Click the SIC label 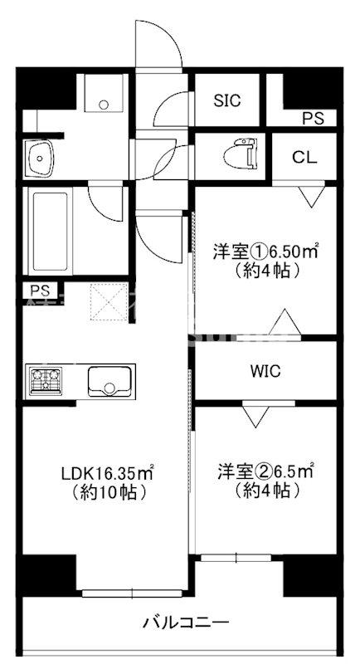click(x=226, y=100)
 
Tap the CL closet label click(x=303, y=157)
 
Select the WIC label click(x=266, y=370)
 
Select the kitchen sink click(x=109, y=382)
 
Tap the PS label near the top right click(x=313, y=119)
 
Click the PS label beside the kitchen click(x=39, y=290)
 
